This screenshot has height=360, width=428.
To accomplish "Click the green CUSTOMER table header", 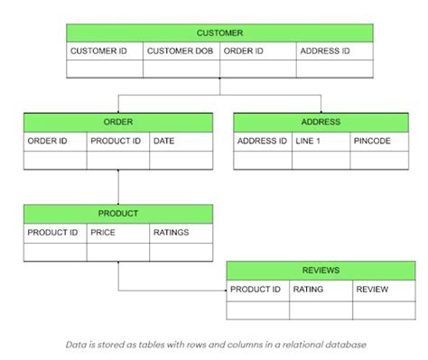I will (219, 32).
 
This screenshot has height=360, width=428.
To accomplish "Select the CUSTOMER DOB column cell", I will (181, 51).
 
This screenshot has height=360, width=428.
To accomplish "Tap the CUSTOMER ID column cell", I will (104, 51).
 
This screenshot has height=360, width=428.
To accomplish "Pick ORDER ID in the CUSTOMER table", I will (257, 51).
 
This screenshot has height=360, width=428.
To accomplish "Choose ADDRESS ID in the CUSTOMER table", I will (334, 51).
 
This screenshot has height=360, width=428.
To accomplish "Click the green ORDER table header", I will (118, 122).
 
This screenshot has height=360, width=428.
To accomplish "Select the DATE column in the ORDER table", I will (181, 142).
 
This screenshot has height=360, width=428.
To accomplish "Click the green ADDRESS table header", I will (320, 122).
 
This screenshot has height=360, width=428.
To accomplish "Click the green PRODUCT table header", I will (118, 214).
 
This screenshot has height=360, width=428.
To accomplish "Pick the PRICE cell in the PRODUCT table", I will (118, 233).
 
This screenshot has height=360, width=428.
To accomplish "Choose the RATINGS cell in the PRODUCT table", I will (181, 233).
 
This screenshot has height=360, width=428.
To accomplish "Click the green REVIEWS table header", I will (321, 271).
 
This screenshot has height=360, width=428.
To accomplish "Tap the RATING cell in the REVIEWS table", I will (321, 291).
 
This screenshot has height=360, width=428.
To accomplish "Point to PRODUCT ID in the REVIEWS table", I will (257, 291).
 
